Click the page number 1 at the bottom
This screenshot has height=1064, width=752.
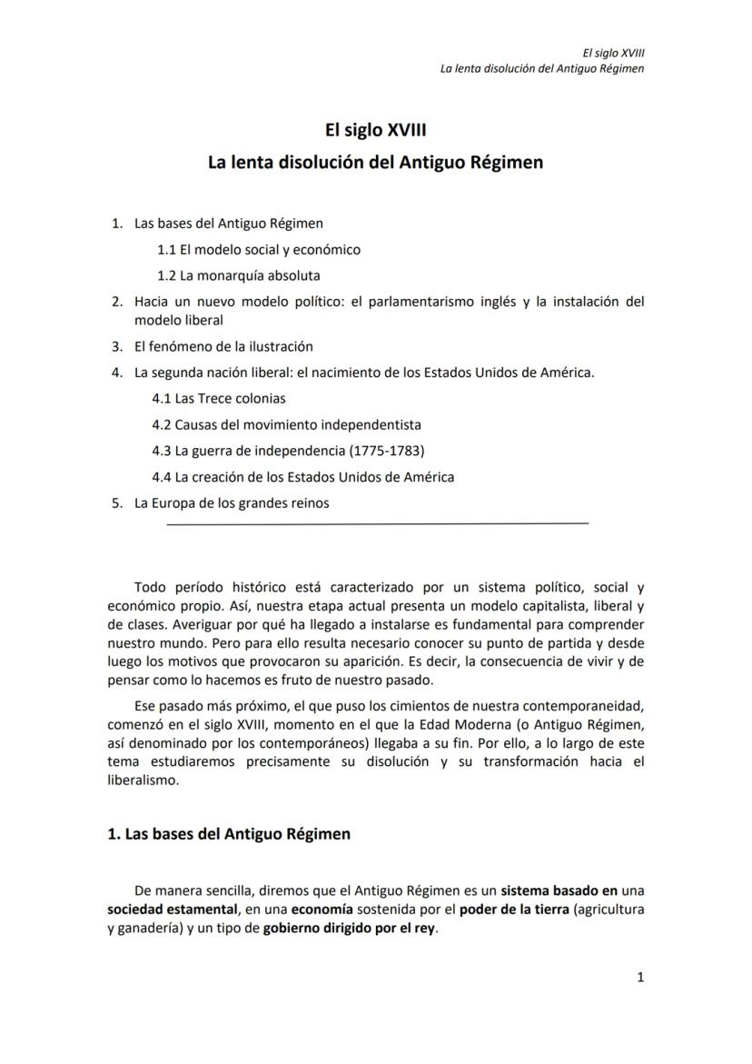(640, 978)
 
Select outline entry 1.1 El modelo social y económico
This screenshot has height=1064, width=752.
(258, 249)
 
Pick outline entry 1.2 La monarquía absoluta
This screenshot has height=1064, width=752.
(238, 274)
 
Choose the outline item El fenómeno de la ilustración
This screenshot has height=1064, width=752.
(223, 346)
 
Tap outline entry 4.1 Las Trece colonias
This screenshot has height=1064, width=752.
(218, 398)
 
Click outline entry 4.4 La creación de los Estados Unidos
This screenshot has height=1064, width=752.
(302, 476)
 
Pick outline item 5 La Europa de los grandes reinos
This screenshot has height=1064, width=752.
(232, 502)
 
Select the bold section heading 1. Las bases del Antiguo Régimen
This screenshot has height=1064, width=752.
(229, 834)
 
